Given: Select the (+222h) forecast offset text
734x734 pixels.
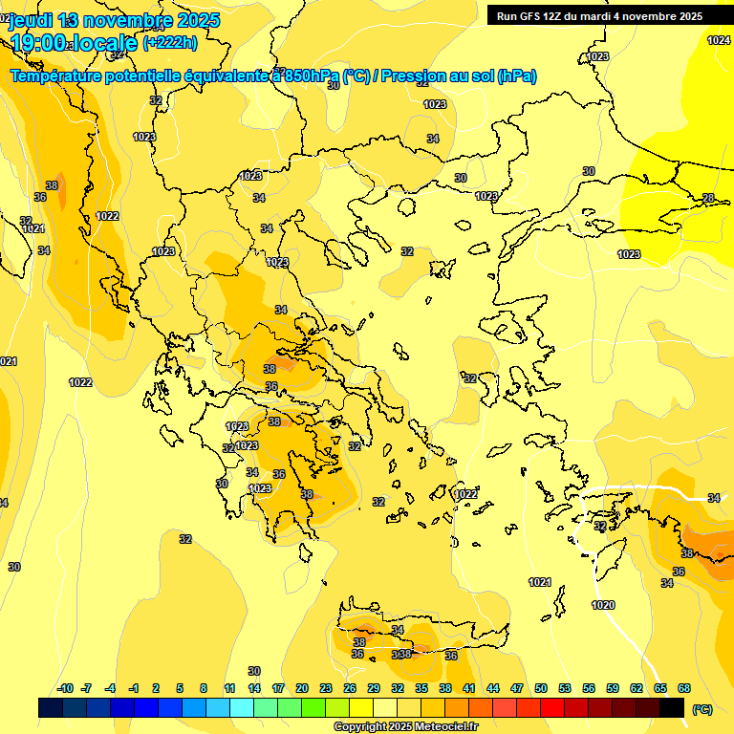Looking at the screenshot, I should tap(169, 42).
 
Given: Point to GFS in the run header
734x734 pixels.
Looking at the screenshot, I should tap(530, 16).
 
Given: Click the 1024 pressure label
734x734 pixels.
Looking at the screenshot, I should tap(719, 40).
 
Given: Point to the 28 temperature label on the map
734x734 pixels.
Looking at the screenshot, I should tap(708, 198).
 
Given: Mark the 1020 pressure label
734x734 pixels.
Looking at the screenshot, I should tap(603, 605).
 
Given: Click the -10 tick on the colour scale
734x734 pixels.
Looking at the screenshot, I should tap(65, 688).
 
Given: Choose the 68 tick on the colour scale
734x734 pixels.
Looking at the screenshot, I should tap(684, 688).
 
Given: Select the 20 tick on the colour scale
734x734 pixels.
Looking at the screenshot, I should tap(301, 688).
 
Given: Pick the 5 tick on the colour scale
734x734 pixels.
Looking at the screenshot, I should tap(181, 688).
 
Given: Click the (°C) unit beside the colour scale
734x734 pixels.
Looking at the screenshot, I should tap(702, 708).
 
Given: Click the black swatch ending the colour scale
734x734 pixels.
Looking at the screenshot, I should tap(672, 707).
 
